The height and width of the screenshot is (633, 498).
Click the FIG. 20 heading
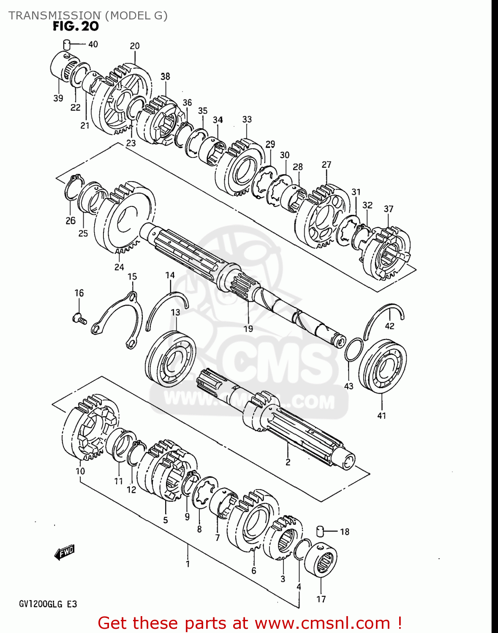click(76, 27)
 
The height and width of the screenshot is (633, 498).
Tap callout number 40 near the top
click(93, 44)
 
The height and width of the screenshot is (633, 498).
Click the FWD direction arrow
click(65, 552)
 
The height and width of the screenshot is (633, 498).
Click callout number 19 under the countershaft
click(248, 329)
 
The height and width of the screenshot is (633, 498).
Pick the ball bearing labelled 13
click(171, 359)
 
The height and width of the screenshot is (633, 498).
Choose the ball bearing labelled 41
click(382, 366)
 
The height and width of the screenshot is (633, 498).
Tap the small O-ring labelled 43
click(353, 350)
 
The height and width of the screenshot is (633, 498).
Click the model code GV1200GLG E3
click(48, 604)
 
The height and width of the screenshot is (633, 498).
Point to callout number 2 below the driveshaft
click(288, 462)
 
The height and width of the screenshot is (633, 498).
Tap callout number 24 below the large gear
click(119, 267)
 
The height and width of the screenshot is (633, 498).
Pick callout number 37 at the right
click(389, 209)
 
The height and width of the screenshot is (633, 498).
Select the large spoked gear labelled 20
click(122, 99)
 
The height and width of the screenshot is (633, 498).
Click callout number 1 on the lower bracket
click(188, 564)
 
